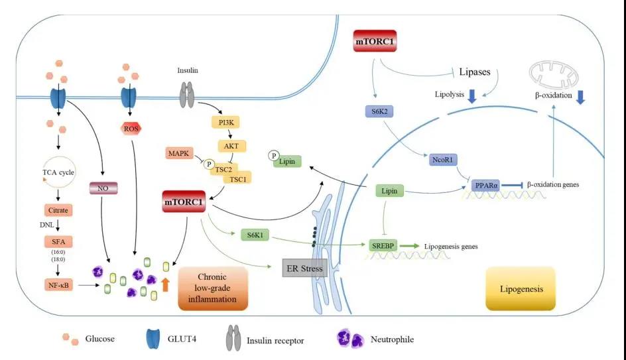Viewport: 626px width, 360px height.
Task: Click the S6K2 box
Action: (379, 112)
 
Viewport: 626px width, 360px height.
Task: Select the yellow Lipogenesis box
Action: (519, 289)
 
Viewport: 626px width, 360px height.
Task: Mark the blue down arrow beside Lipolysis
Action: (471, 97)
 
